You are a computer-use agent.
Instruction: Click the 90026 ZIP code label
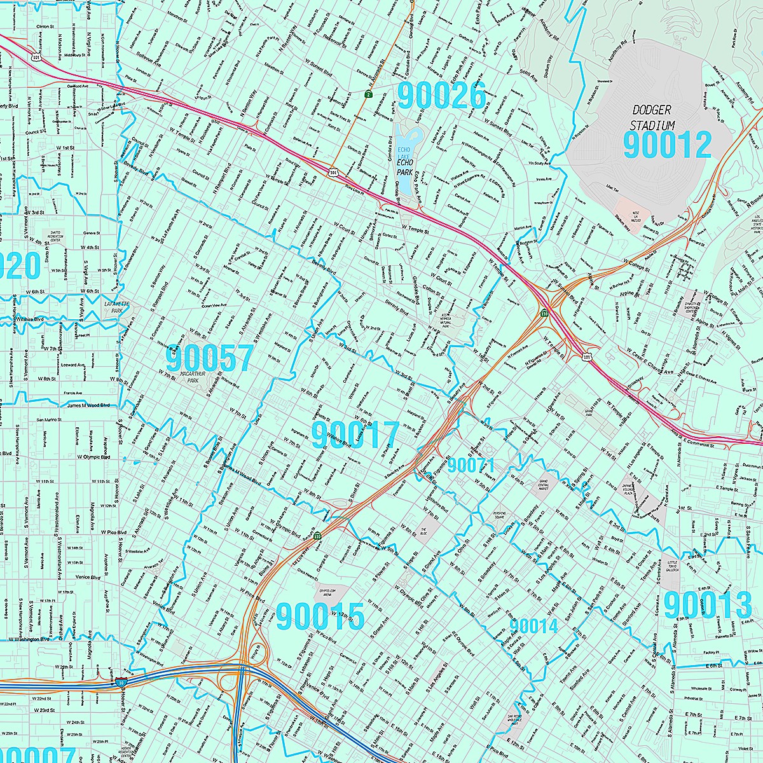click(x=441, y=95)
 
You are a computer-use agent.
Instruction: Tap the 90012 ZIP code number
click(x=667, y=145)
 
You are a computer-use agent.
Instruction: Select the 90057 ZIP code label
click(x=210, y=359)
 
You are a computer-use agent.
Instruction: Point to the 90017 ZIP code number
click(x=355, y=436)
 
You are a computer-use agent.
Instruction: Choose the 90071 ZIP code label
click(x=471, y=465)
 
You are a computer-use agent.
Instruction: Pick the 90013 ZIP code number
click(x=708, y=605)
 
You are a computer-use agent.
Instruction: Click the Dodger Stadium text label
click(x=652, y=117)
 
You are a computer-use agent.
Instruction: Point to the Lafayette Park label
click(x=116, y=308)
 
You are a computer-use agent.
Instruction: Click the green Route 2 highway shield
click(x=368, y=95)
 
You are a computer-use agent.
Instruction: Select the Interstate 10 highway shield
click(x=126, y=682)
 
